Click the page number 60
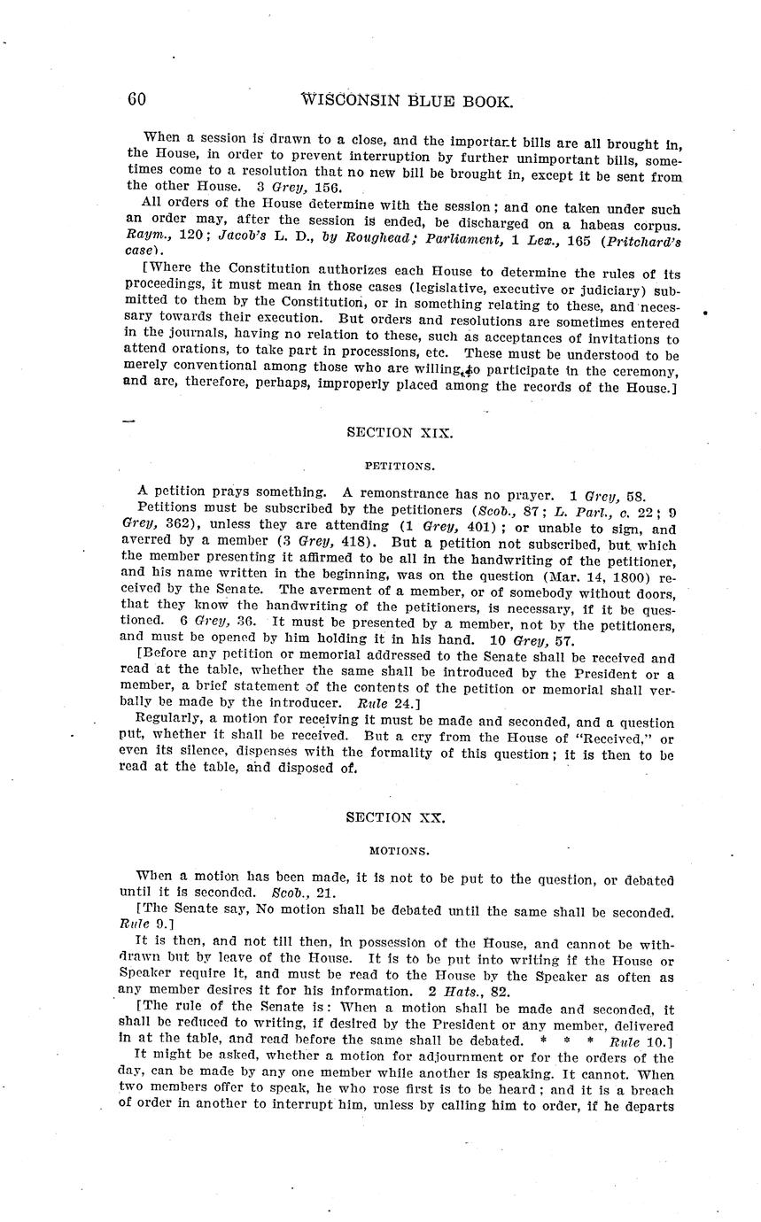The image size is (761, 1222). tap(136, 99)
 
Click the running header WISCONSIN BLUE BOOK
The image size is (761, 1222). tap(408, 101)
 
